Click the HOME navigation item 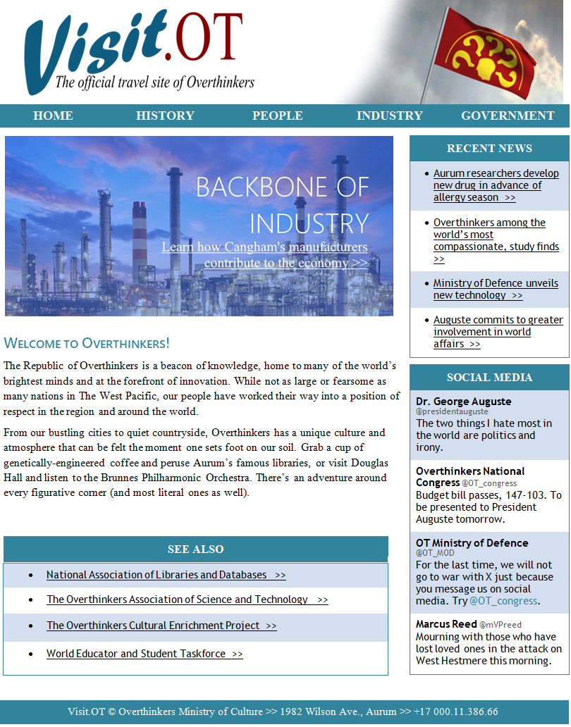(x=53, y=116)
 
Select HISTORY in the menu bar (x=165, y=116)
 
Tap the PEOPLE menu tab (x=277, y=116)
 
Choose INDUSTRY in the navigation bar (x=389, y=116)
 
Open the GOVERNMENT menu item (x=508, y=116)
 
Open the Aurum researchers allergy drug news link (x=496, y=185)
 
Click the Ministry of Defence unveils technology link (x=496, y=289)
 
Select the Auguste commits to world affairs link (x=498, y=332)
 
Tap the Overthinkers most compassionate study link (x=496, y=240)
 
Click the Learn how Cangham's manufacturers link (x=265, y=255)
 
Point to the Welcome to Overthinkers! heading (x=87, y=344)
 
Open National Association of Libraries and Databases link (x=166, y=575)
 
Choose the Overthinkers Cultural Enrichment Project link (x=161, y=626)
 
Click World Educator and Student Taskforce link (x=145, y=654)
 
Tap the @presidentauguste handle (x=452, y=411)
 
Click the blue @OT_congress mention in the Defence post (x=503, y=601)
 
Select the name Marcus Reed (x=445, y=624)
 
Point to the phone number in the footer (x=456, y=712)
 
